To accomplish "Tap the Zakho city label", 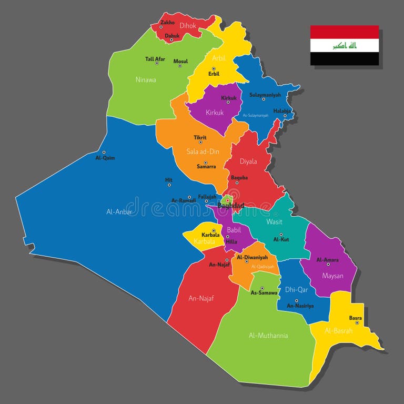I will pos(167,23).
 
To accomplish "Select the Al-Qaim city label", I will pos(105,158).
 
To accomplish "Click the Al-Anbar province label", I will pos(119,212).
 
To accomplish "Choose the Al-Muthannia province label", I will pos(268,335).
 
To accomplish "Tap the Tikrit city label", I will pos(200,138).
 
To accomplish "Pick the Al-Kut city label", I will pos(281,239).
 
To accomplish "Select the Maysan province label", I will pos(332,276).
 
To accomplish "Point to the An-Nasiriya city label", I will pos(300,306).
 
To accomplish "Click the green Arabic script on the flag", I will pos(345,46).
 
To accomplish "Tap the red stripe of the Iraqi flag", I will pos(345,32).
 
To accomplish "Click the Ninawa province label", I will pos(146,80).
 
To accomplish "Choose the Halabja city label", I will pos(282,110).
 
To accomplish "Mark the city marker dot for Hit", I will pos(169,185).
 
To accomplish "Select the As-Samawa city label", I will pos(264,292).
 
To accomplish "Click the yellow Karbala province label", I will pos(204,242).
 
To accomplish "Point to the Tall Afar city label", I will pos(155,59).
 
